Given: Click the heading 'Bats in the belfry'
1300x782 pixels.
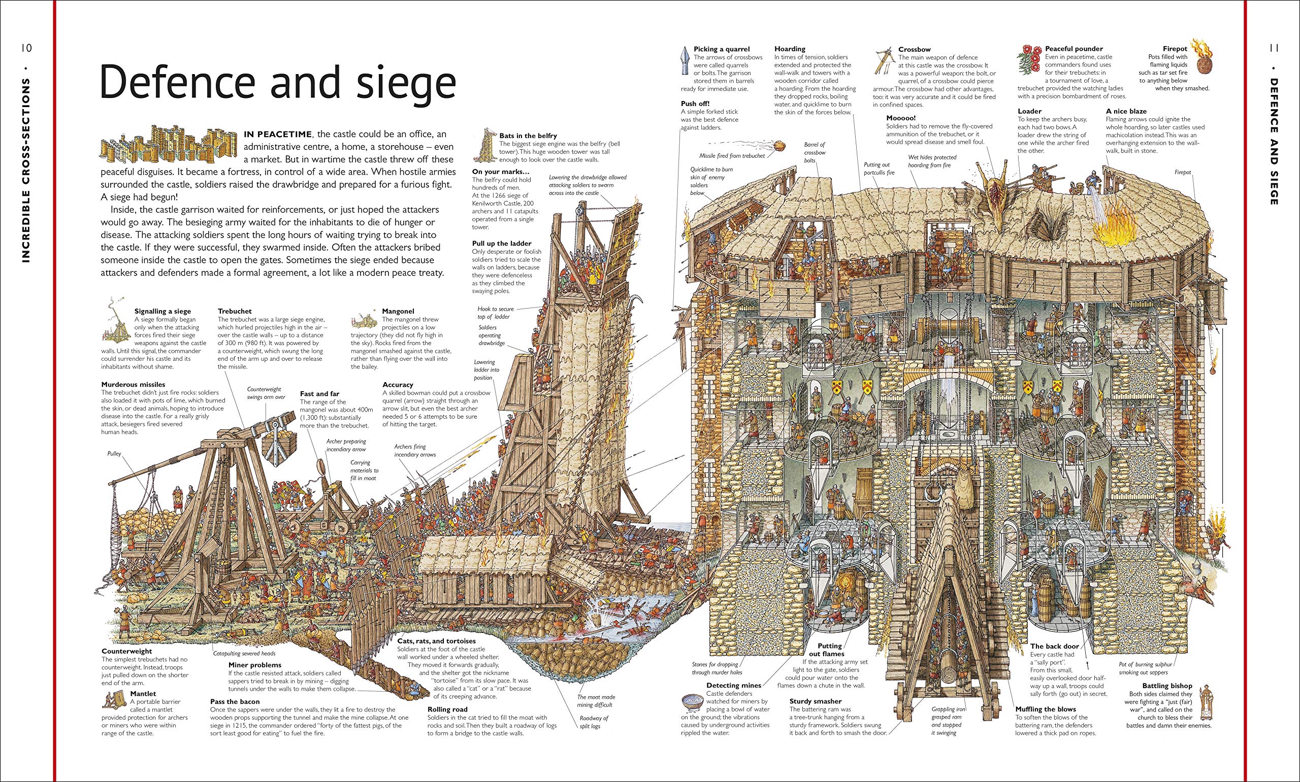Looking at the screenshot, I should [528, 136].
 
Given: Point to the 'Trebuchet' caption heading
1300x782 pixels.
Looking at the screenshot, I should [235, 312].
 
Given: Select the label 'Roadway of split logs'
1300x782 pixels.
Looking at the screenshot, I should [594, 722].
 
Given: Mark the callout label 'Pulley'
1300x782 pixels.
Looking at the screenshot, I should [114, 453].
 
